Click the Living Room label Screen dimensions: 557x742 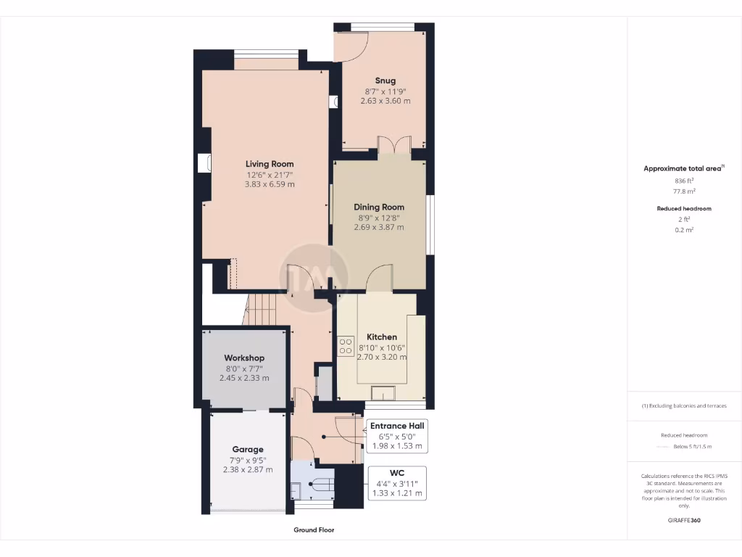tap(270, 164)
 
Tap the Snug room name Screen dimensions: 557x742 tap(385, 81)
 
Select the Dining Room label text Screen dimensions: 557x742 tap(378, 207)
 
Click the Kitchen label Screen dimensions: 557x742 tap(381, 337)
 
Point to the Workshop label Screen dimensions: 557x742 tap(243, 358)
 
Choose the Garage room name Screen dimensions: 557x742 tap(247, 450)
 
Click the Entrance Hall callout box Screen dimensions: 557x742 tap(396, 435)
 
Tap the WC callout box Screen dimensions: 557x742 tap(396, 483)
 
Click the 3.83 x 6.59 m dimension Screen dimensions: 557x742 tap(270, 184)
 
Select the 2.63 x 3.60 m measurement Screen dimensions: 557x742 tap(385, 101)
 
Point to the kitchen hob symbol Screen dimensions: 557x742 tap(346, 346)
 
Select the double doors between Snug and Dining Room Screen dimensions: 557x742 tap(394, 144)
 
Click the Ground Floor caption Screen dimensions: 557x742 tap(314, 530)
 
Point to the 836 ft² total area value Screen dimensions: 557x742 tap(684, 181)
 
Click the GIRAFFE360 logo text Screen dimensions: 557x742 tap(684, 520)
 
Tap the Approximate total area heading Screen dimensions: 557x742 tap(683, 168)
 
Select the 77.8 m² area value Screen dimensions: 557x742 tap(684, 191)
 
